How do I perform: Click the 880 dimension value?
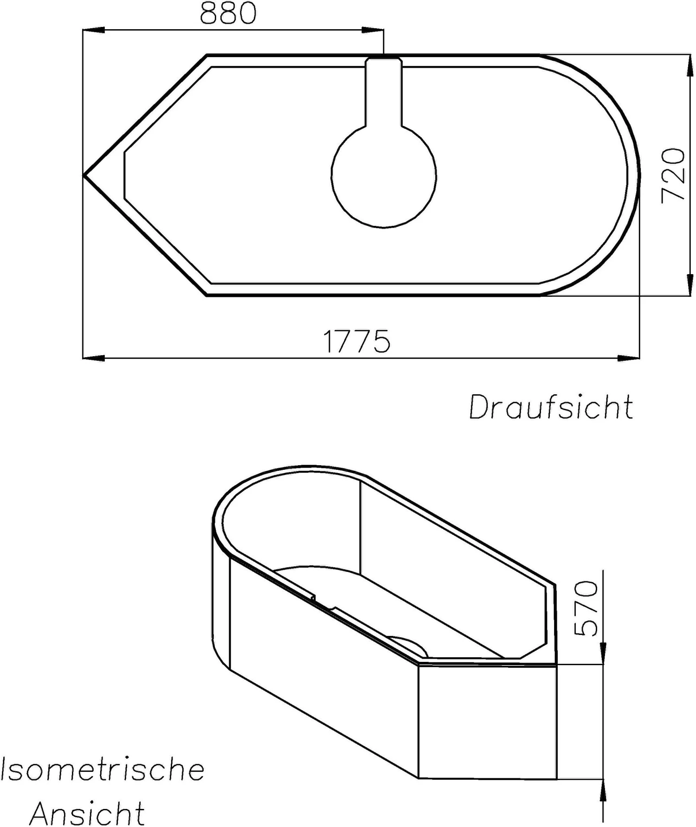tap(228, 13)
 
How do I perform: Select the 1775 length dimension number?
tap(356, 342)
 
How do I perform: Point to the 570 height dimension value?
tap(586, 608)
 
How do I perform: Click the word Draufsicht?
tap(551, 407)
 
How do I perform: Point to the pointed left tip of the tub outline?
tap(85, 175)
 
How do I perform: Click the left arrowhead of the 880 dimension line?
tap(93, 31)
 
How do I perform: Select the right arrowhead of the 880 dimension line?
tap(374, 31)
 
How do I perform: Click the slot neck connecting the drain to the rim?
tap(384, 93)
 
